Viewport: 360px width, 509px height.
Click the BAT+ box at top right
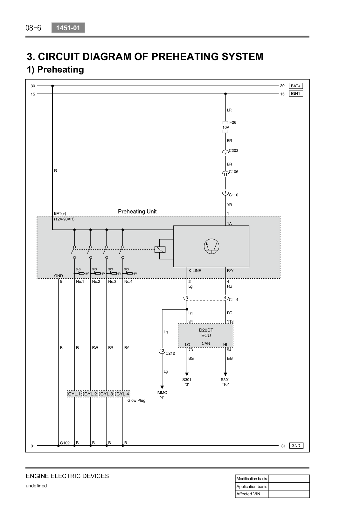coord(296,86)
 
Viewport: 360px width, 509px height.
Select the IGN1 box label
coord(296,94)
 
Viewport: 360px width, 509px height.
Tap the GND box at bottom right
coord(296,446)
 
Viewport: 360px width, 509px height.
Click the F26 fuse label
coord(233,122)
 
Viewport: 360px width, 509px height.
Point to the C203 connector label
coord(233,150)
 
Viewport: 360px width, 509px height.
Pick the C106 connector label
coord(233,171)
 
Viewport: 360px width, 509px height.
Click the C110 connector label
coord(233,195)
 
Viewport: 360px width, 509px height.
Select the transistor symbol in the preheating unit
coord(211,246)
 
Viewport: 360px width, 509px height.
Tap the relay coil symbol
coord(160,249)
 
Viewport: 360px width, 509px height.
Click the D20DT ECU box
coord(205,335)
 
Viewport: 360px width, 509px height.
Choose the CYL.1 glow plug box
coord(74,394)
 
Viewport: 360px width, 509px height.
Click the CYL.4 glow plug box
coord(123,394)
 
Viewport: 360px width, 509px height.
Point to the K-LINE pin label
coord(195,271)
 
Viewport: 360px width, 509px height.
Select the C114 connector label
coord(233,300)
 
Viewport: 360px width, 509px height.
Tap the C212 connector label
coord(170,353)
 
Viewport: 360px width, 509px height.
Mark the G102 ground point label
coord(65,443)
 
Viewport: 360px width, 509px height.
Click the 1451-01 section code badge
coord(68,28)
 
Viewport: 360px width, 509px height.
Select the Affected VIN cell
coord(248,494)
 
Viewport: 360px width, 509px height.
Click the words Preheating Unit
coord(137,212)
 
